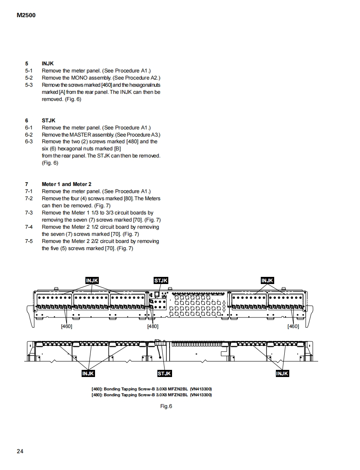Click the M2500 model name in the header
tap(26, 15)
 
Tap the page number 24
tap(20, 451)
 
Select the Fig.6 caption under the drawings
tap(166, 406)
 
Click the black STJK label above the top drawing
tap(161, 280)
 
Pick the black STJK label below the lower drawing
tap(164, 373)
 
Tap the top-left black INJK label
tap(92, 280)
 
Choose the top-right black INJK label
tap(267, 280)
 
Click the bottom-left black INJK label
tap(88, 373)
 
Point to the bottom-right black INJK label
tap(282, 373)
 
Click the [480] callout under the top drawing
tap(153, 326)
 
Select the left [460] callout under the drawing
tap(67, 326)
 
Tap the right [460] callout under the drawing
tap(293, 326)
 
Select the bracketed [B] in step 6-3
tap(117, 149)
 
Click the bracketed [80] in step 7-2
tap(129, 199)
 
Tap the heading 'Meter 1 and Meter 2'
tap(67, 184)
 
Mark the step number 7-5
tap(28, 241)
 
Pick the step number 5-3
tap(28, 85)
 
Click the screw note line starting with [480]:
tap(152, 395)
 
